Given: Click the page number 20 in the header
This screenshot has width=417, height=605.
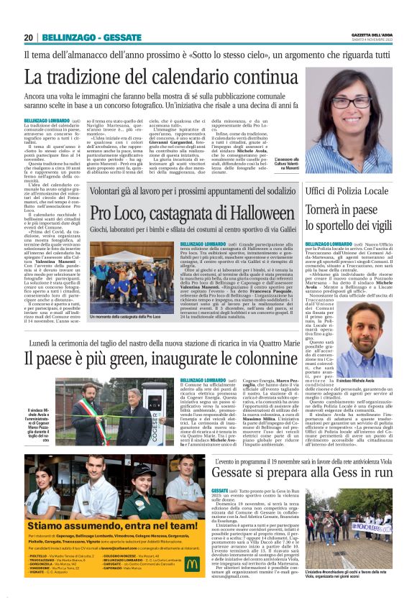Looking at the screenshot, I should (x=29, y=37).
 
